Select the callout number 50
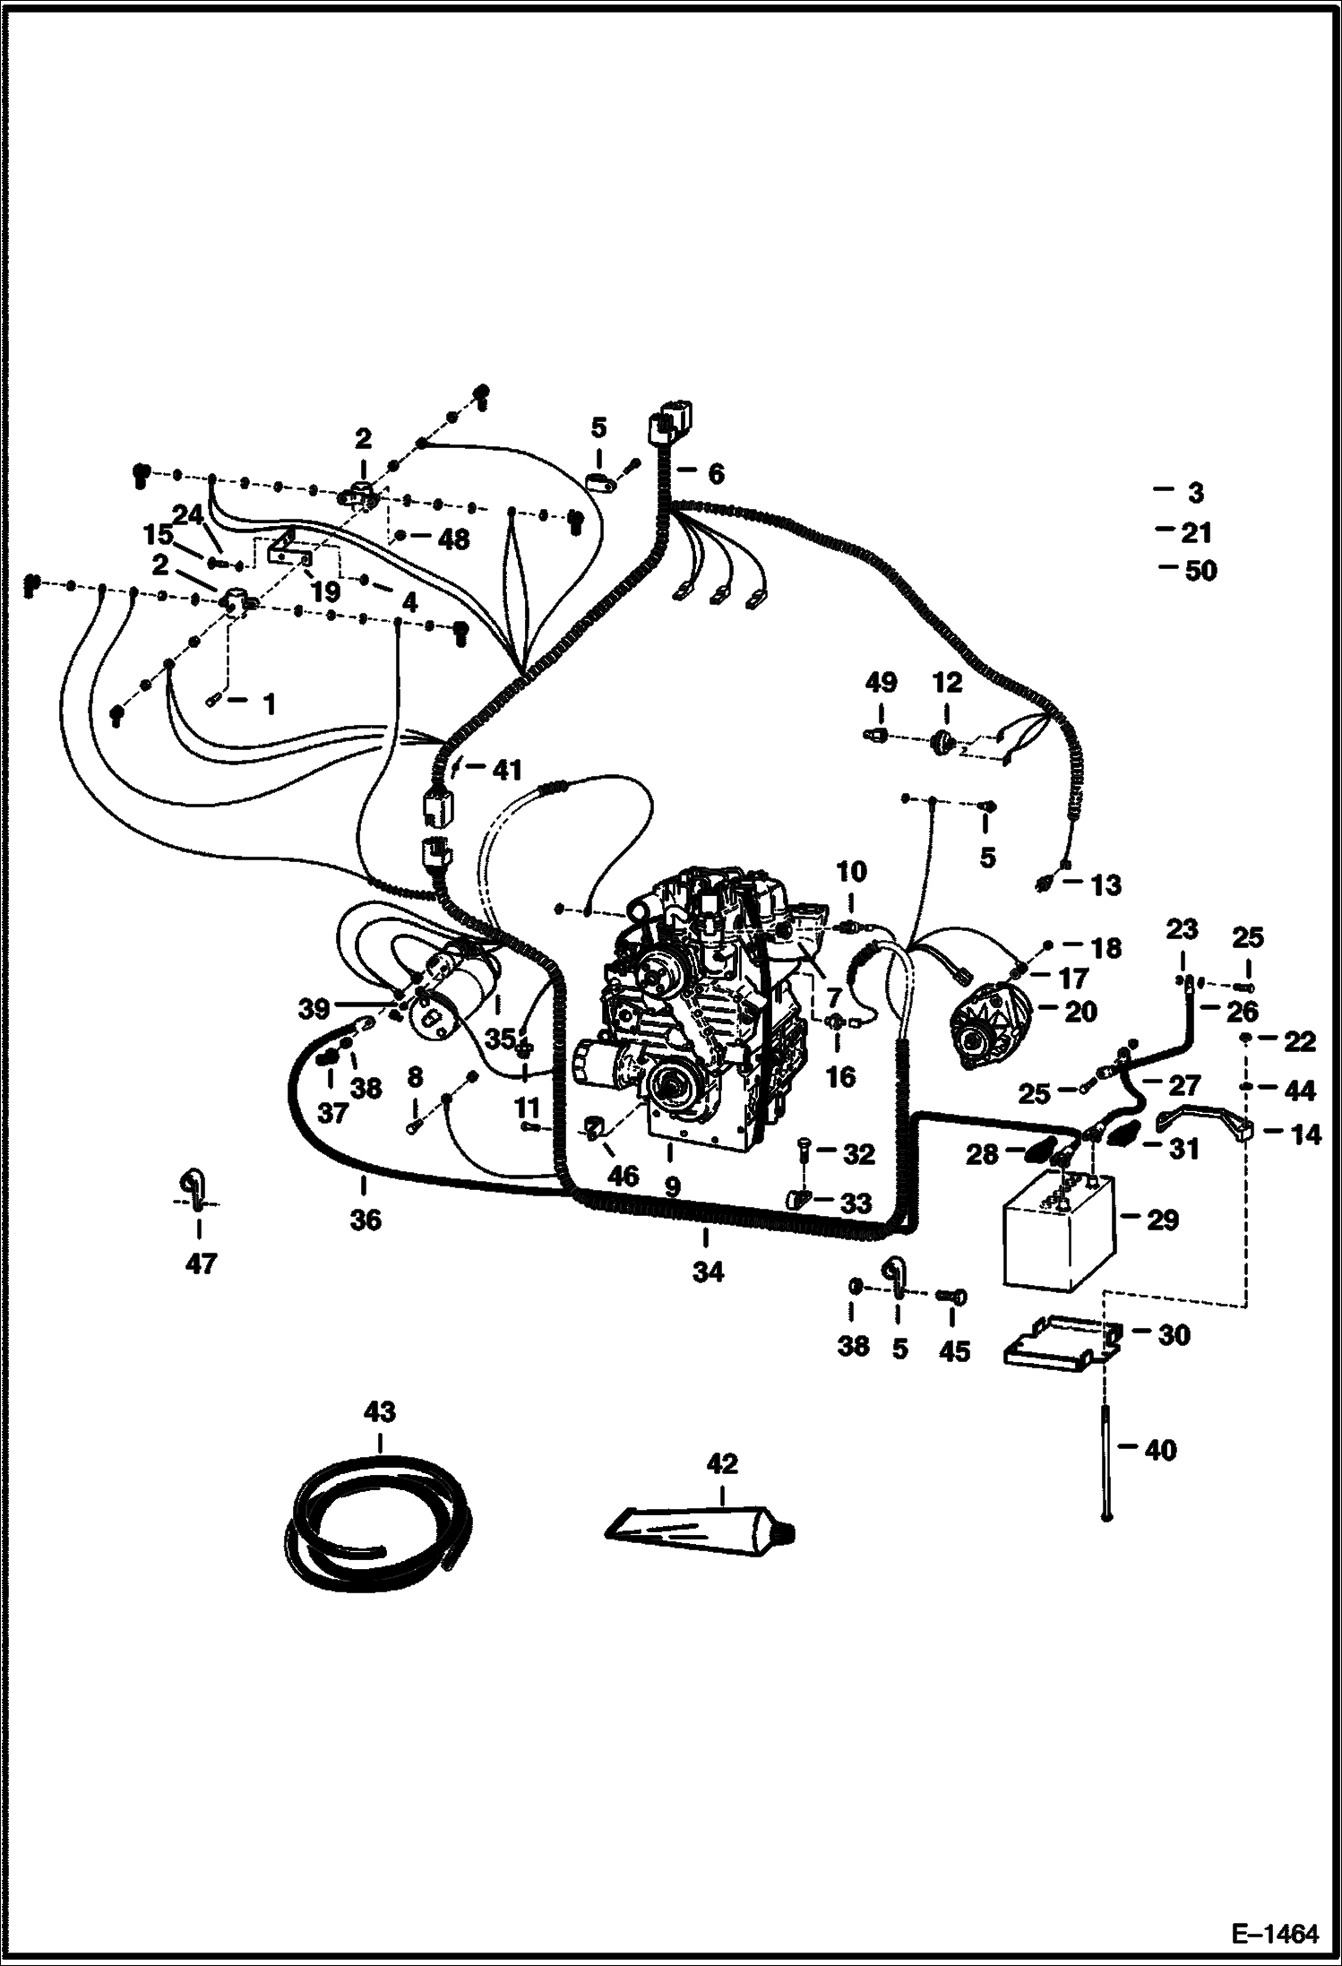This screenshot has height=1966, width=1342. coord(1200,571)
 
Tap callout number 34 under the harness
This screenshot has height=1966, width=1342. coord(707,1272)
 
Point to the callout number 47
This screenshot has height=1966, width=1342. coord(201,1263)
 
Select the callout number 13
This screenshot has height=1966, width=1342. coord(1106,885)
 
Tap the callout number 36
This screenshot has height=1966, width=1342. coord(366,1219)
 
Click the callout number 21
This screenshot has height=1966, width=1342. coord(1196,533)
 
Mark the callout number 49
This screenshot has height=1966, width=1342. coord(881,683)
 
